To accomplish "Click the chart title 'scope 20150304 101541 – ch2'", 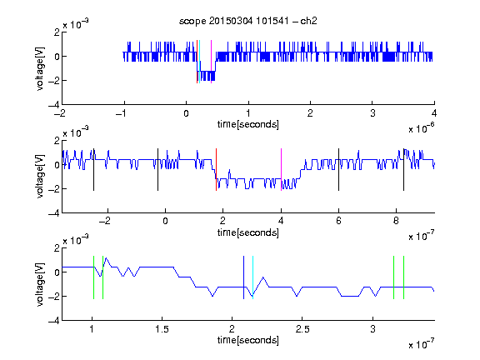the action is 248,21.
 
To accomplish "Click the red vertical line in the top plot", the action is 197,62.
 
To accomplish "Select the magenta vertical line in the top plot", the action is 211,62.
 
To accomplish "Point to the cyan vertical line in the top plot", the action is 200,62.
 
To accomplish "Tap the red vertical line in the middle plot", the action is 216,170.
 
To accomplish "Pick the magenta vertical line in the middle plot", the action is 281,170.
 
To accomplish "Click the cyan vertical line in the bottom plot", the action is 252,277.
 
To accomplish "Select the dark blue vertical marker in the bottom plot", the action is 243,277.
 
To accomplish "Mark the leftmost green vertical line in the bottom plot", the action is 93,277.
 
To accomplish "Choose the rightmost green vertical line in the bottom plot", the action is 404,277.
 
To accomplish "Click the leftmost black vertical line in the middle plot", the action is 93,170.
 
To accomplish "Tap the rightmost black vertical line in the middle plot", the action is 403,170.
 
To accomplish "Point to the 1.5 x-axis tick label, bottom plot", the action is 162,329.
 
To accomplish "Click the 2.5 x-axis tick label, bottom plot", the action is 302,329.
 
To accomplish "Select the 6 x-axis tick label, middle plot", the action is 338,221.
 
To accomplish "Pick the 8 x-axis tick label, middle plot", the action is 396,221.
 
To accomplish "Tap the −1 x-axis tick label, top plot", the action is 121,113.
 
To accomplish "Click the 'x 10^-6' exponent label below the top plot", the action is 422,128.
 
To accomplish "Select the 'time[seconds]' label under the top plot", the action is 248,124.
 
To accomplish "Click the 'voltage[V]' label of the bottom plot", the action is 40,284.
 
